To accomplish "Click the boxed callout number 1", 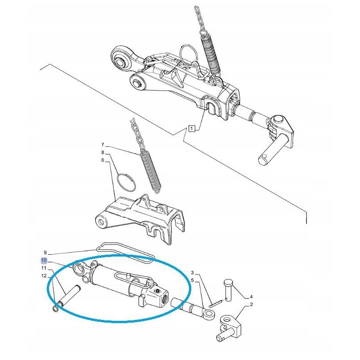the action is (x=192, y=128).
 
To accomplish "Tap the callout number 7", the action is (x=103, y=145).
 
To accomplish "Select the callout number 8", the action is (x=103, y=153).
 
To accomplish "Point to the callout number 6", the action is (x=103, y=160).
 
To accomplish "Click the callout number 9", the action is (x=45, y=252).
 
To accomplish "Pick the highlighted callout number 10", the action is (x=44, y=261).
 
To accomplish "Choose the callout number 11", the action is (x=44, y=268).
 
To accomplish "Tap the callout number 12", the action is (x=44, y=275).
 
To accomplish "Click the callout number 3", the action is (x=193, y=273).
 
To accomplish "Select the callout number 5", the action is (x=193, y=280).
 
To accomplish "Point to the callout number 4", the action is (x=251, y=297).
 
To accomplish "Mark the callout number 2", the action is (x=251, y=305).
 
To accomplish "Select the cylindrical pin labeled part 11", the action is (x=69, y=295).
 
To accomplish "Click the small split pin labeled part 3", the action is (x=215, y=303).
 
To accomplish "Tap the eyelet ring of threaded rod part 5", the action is (x=209, y=314).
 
